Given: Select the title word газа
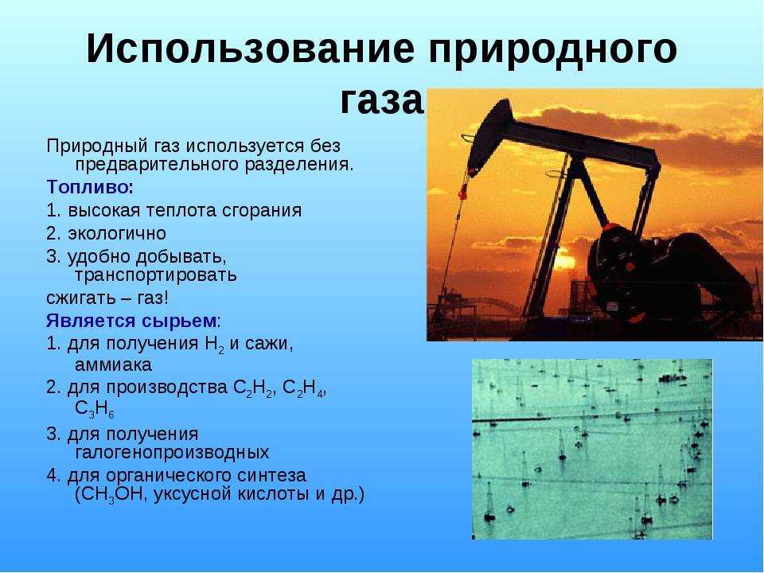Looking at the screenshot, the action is [x=381, y=101].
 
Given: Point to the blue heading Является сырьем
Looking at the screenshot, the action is [x=131, y=321].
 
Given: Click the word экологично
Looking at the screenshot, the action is [x=117, y=233].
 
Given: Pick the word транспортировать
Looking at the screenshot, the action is [x=156, y=275].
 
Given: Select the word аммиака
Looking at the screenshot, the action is [x=114, y=365].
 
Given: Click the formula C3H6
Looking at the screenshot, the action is [x=95, y=409].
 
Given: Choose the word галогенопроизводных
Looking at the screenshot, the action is [x=172, y=453].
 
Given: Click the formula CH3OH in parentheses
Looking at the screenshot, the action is [x=111, y=494].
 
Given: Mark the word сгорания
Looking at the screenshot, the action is [x=262, y=211].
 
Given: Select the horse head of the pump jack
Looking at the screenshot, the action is [x=489, y=134].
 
